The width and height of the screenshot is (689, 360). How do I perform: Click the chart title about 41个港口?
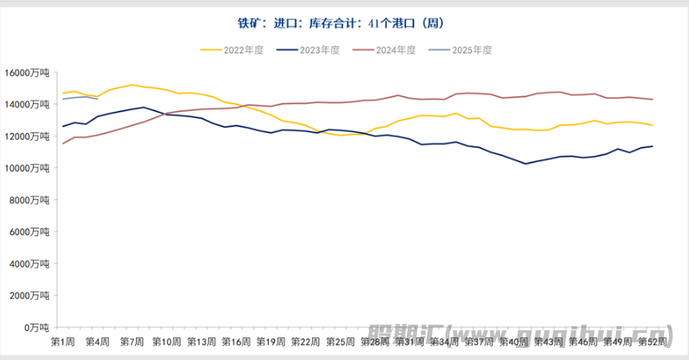click(343, 23)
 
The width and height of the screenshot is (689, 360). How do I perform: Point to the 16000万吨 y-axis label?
click(27, 72)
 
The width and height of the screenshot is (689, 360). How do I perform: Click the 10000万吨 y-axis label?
click(27, 168)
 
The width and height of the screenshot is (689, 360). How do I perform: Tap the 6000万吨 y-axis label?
click(30, 231)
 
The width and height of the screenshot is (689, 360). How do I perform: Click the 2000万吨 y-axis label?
click(30, 296)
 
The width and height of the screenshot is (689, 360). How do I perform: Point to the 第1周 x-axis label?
click(63, 342)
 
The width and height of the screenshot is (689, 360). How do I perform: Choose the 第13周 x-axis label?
click(201, 342)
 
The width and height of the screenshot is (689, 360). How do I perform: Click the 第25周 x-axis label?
click(339, 342)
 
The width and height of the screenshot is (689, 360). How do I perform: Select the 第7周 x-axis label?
click(132, 342)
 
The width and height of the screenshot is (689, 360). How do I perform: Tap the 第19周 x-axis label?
click(270, 342)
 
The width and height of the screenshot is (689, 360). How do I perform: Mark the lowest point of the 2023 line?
click(526, 164)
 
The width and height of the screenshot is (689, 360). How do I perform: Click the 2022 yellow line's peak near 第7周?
click(132, 84)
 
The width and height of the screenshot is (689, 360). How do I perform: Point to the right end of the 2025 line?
click(97, 99)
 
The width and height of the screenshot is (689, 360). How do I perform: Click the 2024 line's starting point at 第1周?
click(63, 144)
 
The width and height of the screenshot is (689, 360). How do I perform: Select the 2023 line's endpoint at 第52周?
click(652, 146)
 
